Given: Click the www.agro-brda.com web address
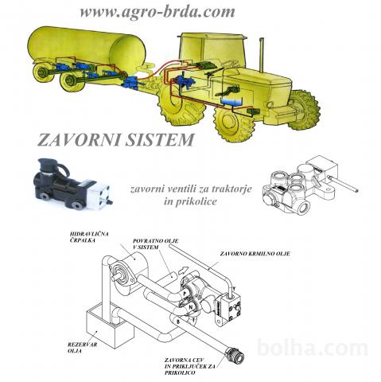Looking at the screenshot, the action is coord(157,12).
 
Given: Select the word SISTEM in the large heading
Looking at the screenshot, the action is coord(160,140).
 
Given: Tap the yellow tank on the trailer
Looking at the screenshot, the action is coord(87,48).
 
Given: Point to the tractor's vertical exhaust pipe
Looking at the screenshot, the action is coord(261,55).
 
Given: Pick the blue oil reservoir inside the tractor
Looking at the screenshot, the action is coord(231,101).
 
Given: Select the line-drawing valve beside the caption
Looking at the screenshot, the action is coord(309,185).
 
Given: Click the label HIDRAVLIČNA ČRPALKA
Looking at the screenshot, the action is coord(89,237).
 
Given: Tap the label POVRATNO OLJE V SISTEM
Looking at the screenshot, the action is coord(155,244).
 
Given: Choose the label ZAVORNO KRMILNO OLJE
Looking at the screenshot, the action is coord(255,254).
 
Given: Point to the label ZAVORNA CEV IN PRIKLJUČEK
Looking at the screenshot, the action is coord(190,366).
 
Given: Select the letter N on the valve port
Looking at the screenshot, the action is coord(190,307).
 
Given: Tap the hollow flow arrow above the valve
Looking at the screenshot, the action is coord(183,271).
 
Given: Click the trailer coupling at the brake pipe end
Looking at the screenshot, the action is coord(235,354).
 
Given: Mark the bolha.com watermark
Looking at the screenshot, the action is coord(313,348).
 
